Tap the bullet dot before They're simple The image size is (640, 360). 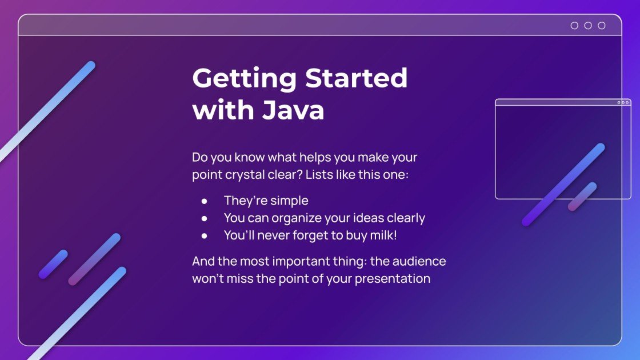click(204, 201)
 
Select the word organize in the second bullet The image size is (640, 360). click(296, 218)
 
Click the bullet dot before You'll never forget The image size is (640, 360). click(204, 235)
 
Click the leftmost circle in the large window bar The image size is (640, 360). click(574, 25)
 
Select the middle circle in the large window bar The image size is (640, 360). click(588, 25)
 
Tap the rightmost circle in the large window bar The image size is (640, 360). click(601, 25)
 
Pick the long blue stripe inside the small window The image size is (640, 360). click(563, 185)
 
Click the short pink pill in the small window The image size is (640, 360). click(582, 197)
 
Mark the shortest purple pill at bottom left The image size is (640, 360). click(53, 264)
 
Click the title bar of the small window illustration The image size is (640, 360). click(554, 102)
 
